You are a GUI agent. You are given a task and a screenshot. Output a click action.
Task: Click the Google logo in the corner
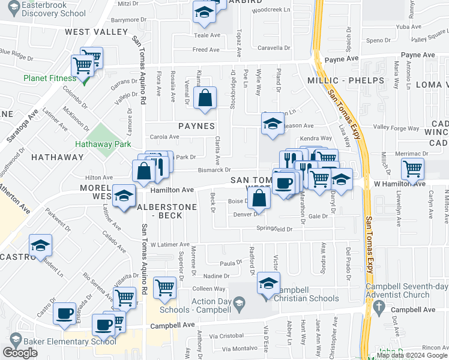(x=20, y=353)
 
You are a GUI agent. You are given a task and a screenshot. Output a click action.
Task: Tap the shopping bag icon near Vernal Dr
(x=205, y=98)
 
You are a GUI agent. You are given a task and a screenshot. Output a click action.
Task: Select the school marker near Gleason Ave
(x=273, y=124)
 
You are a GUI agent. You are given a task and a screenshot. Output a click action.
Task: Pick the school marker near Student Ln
(x=40, y=245)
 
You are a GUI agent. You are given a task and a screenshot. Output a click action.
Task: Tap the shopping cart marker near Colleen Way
(x=164, y=287)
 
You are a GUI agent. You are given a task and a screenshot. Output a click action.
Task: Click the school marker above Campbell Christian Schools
(x=268, y=284)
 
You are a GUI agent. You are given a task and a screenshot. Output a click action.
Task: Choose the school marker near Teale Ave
(x=204, y=13)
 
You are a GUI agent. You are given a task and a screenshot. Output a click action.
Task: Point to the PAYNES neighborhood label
(x=196, y=127)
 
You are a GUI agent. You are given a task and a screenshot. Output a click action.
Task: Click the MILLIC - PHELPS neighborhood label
(x=345, y=80)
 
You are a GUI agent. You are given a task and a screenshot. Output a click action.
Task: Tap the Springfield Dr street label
(x=274, y=229)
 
